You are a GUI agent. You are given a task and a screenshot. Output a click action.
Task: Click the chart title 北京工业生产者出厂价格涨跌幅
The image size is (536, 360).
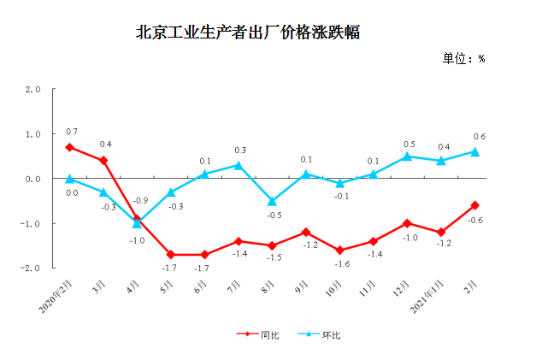click(x=248, y=33)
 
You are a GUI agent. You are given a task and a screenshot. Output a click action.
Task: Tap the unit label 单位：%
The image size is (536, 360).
click(x=463, y=59)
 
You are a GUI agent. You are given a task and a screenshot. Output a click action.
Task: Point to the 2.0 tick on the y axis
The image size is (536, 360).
click(x=33, y=90)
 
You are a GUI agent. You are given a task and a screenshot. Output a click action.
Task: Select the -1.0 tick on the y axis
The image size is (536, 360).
click(x=33, y=223)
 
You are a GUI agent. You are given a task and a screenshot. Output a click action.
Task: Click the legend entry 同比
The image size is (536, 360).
click(x=263, y=335)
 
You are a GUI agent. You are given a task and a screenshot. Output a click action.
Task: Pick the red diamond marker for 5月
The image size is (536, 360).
click(x=171, y=255)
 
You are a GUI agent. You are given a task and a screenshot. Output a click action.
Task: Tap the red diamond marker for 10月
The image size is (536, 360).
click(x=339, y=250)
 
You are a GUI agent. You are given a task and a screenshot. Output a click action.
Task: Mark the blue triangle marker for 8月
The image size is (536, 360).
click(x=272, y=201)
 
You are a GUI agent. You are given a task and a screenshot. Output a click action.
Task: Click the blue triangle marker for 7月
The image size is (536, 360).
click(x=239, y=165)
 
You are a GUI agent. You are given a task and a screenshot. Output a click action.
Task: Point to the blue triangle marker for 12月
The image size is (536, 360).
click(x=407, y=156)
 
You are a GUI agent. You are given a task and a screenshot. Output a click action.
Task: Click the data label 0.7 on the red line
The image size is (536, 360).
click(x=72, y=132)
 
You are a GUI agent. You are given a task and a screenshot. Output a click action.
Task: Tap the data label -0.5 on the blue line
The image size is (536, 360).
click(x=274, y=215)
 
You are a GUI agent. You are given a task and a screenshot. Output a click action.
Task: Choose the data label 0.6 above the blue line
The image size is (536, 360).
click(x=479, y=137)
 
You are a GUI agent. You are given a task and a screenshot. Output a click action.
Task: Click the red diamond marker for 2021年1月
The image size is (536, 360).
click(x=441, y=233)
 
